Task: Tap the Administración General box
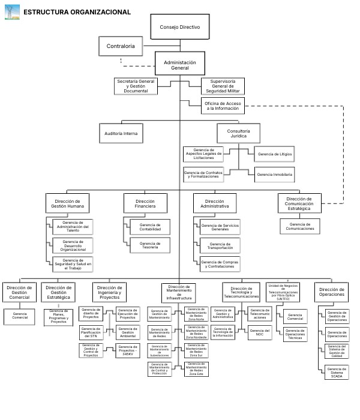(180, 65)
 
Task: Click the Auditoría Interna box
(121, 133)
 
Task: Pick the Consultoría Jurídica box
(238, 133)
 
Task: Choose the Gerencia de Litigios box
(275, 155)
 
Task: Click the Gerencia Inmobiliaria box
(275, 175)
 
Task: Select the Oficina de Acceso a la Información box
(223, 107)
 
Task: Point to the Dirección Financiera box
(145, 203)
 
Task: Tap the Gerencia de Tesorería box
(149, 245)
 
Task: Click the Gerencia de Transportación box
(220, 245)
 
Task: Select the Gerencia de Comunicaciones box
(300, 226)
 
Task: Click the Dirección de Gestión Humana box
(67, 203)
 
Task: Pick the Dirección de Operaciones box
(332, 292)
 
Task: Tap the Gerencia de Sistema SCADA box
(337, 372)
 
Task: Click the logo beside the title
(12, 11)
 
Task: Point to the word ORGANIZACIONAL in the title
(98, 12)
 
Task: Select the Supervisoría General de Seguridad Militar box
(223, 86)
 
